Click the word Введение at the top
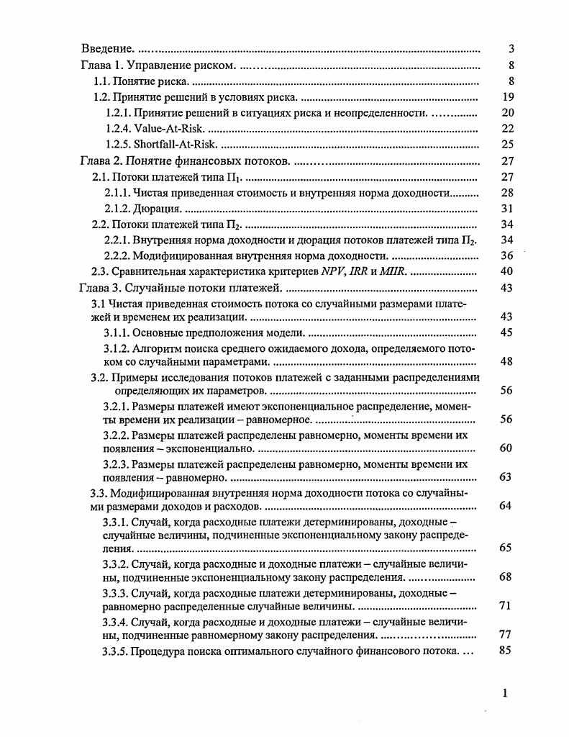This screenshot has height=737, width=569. point(106,50)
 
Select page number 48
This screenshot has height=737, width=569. point(506,361)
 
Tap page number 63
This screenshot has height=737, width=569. point(506,476)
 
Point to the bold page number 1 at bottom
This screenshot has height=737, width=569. point(505,693)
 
